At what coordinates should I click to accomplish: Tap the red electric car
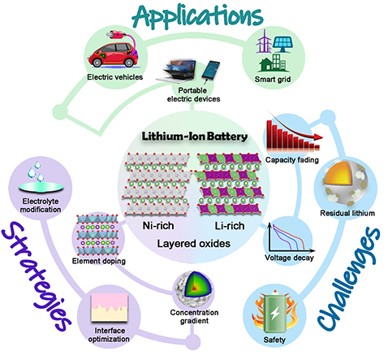pyautogui.click(x=113, y=55)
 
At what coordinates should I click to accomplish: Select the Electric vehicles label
pyautogui.click(x=114, y=77)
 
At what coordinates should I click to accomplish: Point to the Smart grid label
pyautogui.click(x=273, y=80)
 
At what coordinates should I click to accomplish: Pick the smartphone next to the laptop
pyautogui.click(x=210, y=70)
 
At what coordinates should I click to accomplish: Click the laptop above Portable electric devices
pyautogui.click(x=176, y=71)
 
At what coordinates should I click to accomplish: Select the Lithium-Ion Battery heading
pyautogui.click(x=195, y=137)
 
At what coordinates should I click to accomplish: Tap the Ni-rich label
pyautogui.click(x=158, y=226)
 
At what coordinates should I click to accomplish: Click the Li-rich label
pyautogui.click(x=230, y=226)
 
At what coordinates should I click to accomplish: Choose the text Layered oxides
pyautogui.click(x=194, y=244)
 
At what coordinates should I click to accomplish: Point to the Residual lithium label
pyautogui.click(x=347, y=213)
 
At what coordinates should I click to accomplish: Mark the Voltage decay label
pyautogui.click(x=289, y=258)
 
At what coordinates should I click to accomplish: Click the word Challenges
pyautogui.click(x=349, y=279)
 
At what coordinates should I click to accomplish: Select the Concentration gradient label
pyautogui.click(x=194, y=317)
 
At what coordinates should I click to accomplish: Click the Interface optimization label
pyautogui.click(x=109, y=335)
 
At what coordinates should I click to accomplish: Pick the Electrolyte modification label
pyautogui.click(x=41, y=206)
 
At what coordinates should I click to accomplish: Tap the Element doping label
pyautogui.click(x=99, y=261)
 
